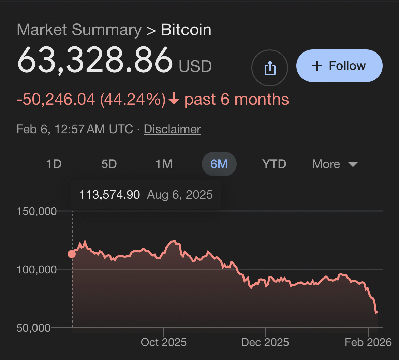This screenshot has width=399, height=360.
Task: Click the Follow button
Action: click(x=339, y=66)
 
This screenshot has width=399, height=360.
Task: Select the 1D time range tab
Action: click(x=54, y=164)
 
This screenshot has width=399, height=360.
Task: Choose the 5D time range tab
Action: click(x=109, y=164)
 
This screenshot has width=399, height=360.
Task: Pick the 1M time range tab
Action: click(x=164, y=164)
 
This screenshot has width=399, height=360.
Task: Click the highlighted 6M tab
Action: click(x=219, y=164)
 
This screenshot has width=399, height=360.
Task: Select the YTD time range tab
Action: click(x=274, y=164)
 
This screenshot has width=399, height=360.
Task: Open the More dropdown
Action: click(x=335, y=164)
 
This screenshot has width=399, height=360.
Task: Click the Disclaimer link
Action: click(x=172, y=130)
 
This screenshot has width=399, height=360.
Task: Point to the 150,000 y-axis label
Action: click(x=36, y=211)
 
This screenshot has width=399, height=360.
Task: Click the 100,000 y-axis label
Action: click(x=36, y=270)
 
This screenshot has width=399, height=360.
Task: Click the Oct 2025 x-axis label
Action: click(x=164, y=342)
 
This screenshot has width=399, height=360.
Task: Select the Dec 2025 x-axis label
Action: click(x=265, y=342)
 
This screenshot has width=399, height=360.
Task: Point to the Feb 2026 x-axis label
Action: click(x=368, y=342)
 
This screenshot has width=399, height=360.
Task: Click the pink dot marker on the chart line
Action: click(x=72, y=254)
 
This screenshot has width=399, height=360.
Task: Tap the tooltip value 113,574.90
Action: click(x=109, y=195)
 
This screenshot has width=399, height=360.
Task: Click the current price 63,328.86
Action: click(x=95, y=60)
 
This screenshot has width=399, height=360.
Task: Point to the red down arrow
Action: click(x=174, y=100)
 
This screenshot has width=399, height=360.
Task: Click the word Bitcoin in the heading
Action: click(x=186, y=30)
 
